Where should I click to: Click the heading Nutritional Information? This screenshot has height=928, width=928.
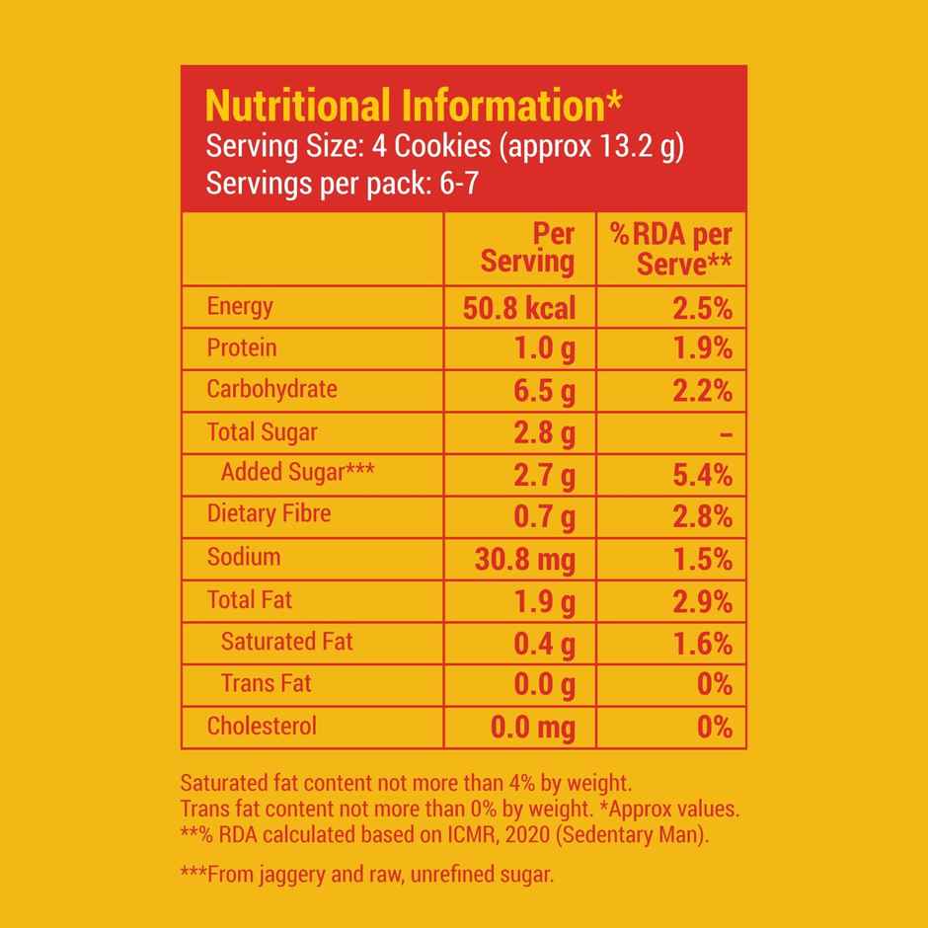pos(413,106)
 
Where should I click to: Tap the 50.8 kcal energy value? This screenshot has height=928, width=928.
pos(518,308)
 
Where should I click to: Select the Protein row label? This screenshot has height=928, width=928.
pos(242,348)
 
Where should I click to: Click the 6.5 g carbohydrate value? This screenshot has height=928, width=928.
pos(544,391)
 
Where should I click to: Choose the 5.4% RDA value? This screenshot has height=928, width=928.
pos(702,475)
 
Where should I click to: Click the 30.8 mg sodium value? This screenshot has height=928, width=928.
pos(525,560)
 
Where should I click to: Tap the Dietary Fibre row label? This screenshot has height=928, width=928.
pos(269,513)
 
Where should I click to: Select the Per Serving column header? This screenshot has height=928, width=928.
pos(527,248)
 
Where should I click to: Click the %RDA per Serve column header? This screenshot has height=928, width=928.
pos(672,248)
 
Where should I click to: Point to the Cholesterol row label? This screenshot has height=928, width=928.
pos(262,727)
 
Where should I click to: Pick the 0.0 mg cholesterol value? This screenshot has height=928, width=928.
pos(533,729)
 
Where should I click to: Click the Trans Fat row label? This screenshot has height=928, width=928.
pos(266,683)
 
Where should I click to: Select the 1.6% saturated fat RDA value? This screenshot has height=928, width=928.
pos(702,645)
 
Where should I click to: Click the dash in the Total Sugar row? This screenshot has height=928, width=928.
pos(725,433)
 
